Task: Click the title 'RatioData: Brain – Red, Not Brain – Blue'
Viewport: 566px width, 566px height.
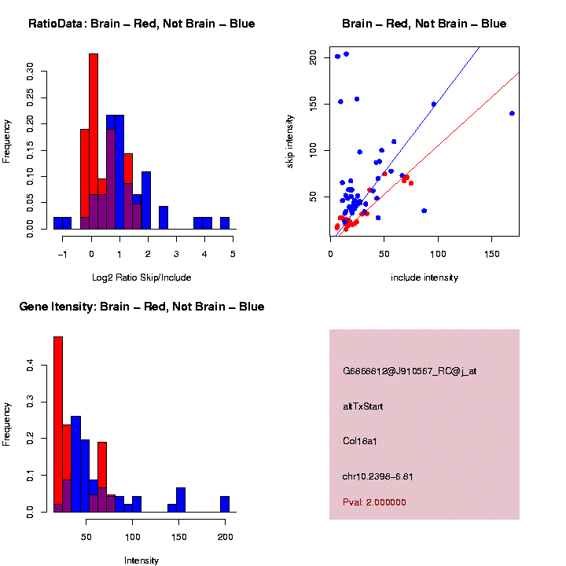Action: click(x=141, y=24)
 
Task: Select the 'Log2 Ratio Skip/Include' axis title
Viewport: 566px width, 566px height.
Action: click(x=141, y=277)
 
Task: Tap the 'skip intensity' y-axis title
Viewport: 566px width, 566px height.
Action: click(x=290, y=141)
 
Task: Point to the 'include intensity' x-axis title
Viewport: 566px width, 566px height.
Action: click(x=424, y=277)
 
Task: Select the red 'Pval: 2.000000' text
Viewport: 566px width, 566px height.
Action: click(x=374, y=502)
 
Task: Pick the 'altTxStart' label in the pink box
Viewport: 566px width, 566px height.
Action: click(x=362, y=406)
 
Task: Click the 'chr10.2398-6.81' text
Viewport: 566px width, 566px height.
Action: click(x=377, y=476)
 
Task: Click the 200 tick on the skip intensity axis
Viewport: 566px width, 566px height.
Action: click(x=313, y=57)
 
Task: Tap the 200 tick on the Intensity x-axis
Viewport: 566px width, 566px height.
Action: click(x=225, y=538)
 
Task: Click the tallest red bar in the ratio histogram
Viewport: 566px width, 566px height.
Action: click(x=94, y=141)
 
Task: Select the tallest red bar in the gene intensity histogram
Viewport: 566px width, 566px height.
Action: click(x=58, y=424)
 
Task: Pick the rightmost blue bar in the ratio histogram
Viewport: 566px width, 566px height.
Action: click(x=225, y=223)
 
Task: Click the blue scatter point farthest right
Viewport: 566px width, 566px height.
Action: click(x=512, y=113)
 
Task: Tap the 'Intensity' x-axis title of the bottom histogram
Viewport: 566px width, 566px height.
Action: click(x=141, y=560)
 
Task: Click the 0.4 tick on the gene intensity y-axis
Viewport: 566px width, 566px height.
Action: click(x=31, y=366)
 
